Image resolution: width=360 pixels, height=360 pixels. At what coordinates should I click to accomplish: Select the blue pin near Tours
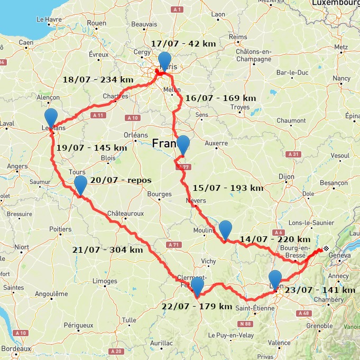[x=80, y=185]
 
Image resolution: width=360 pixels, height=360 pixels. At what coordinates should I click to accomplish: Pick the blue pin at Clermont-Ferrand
[x=197, y=287]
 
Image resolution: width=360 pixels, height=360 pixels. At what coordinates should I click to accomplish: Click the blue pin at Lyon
[x=275, y=279]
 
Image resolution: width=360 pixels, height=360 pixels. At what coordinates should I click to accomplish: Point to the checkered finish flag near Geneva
[x=326, y=248]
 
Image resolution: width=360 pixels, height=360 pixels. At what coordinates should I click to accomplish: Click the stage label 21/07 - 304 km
[x=107, y=250]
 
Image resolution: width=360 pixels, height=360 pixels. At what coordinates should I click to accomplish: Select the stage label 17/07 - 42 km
[x=183, y=44]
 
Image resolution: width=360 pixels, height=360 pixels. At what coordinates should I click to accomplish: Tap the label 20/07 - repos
[x=121, y=180]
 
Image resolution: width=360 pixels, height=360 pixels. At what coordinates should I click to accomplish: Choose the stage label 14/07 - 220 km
[x=275, y=239]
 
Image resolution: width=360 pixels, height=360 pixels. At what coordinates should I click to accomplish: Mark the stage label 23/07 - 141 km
[x=320, y=290]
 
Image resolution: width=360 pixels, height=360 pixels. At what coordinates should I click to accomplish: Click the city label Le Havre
[x=49, y=20]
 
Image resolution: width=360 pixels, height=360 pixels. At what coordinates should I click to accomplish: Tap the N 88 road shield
[x=245, y=324]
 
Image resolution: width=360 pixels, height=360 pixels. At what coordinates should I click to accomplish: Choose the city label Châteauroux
[x=125, y=214]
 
